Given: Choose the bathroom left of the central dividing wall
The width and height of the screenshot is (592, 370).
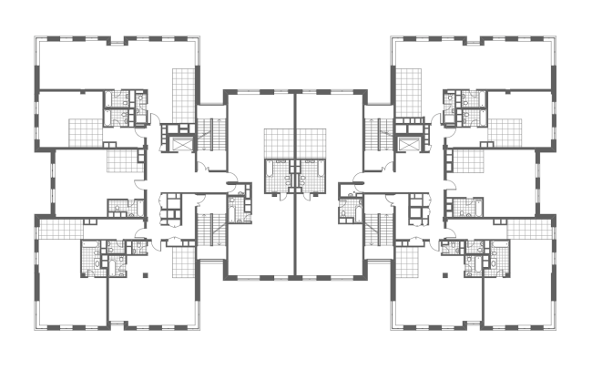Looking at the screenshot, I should coord(277,175).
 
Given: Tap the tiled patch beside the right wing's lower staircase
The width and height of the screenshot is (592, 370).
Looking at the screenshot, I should coord(405,264).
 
